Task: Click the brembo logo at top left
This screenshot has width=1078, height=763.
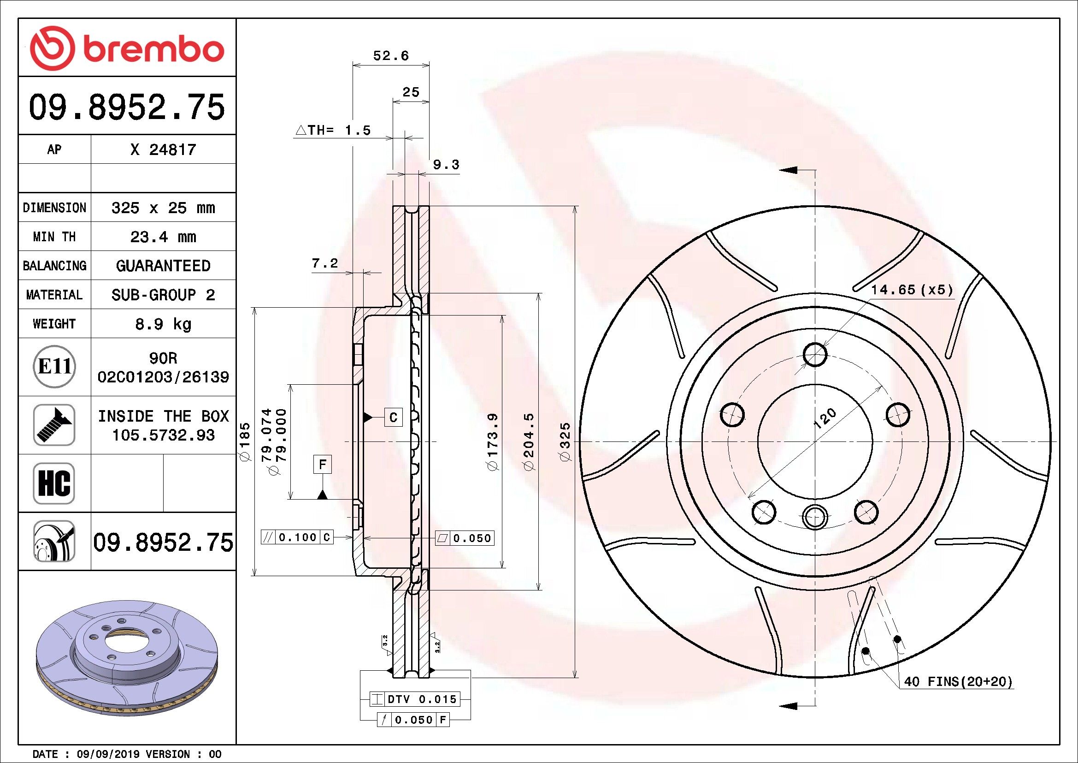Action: (127, 48)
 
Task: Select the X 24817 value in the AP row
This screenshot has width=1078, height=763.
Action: (163, 150)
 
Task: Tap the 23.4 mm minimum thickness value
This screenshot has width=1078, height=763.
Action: (163, 237)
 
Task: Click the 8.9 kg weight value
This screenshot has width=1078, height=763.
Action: (163, 324)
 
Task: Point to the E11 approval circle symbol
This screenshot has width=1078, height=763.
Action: (54, 366)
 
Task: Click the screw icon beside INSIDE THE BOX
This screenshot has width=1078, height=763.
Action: (54, 425)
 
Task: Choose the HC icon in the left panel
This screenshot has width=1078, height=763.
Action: (54, 483)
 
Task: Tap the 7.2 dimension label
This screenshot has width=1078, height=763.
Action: (325, 263)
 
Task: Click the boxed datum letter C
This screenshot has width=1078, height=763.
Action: (394, 417)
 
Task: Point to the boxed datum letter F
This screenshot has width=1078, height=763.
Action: (322, 465)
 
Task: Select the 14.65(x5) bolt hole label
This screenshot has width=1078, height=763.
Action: (912, 290)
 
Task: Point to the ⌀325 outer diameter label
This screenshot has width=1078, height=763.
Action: (566, 441)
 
